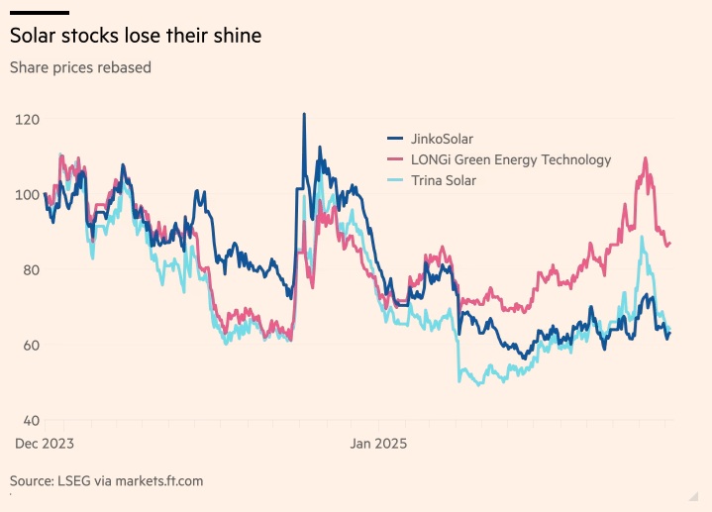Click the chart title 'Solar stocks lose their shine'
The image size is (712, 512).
(x=136, y=37)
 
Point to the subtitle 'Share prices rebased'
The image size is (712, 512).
(x=80, y=68)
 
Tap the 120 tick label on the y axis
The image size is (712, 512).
(x=29, y=119)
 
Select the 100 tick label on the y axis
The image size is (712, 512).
(x=29, y=194)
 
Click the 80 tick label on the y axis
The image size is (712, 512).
(x=29, y=269)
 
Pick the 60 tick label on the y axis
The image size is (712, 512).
(x=29, y=345)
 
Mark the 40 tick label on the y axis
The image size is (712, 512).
(x=29, y=420)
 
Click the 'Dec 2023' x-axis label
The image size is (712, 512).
(x=45, y=444)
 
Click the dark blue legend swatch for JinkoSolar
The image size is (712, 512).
(x=394, y=139)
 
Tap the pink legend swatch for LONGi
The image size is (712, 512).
(x=394, y=159)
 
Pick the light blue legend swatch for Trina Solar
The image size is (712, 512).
(x=394, y=180)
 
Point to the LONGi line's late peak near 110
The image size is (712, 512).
(x=646, y=158)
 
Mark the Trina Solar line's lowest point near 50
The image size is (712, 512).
(x=481, y=384)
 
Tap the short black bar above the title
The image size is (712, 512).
(x=39, y=12)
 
